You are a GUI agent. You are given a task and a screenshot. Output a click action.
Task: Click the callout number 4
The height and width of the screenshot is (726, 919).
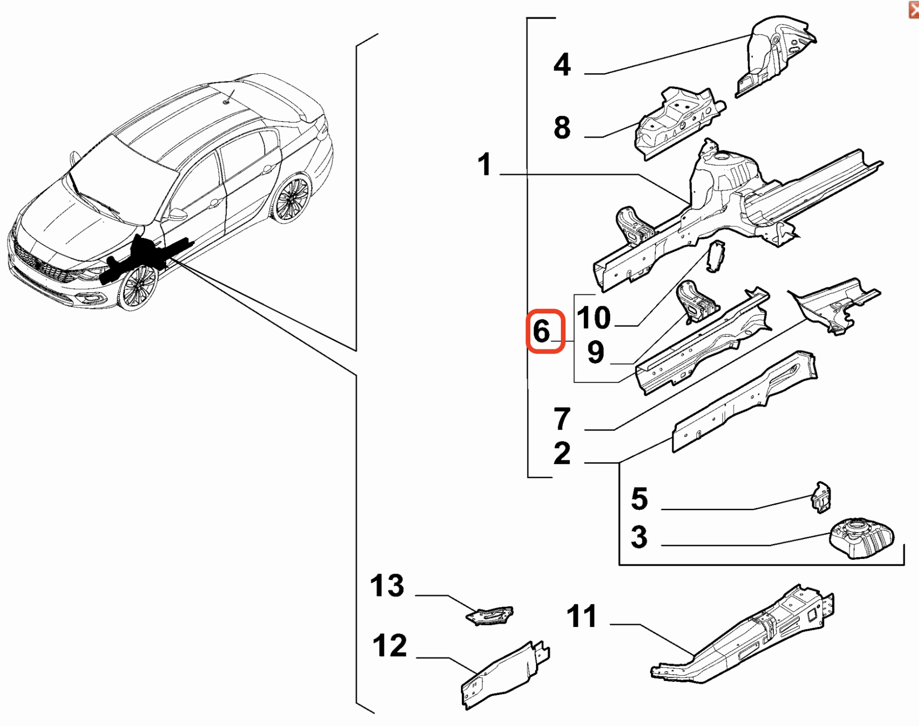tap(562, 65)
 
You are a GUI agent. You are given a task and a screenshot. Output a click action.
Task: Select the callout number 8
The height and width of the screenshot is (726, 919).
tap(562, 128)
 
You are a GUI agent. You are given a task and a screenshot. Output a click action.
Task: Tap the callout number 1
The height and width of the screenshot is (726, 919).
tap(484, 165)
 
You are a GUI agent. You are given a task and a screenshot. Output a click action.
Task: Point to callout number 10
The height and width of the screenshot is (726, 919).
tap(594, 317)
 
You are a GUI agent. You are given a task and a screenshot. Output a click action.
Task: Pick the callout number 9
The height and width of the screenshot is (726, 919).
tap(595, 353)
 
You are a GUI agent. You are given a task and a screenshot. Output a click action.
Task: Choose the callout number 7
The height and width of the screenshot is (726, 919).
tap(562, 419)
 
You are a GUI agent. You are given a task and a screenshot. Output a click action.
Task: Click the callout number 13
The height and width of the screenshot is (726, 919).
tap(387, 585)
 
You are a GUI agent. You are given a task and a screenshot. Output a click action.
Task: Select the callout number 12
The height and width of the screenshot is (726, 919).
tap(390, 646)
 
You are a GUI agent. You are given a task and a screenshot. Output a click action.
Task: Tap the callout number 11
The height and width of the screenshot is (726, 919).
tap(582, 616)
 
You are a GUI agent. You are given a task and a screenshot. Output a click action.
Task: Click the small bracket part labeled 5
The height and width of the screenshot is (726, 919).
tap(821, 498)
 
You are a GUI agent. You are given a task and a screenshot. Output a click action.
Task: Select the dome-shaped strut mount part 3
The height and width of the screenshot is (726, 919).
tap(861, 538)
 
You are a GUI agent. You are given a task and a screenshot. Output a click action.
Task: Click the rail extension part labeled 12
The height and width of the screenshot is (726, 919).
tap(503, 675)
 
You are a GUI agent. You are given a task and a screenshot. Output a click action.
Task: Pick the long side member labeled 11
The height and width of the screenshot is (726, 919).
tap(747, 637)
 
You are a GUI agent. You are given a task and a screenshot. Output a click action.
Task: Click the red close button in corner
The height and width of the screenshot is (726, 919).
tap(914, 10)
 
